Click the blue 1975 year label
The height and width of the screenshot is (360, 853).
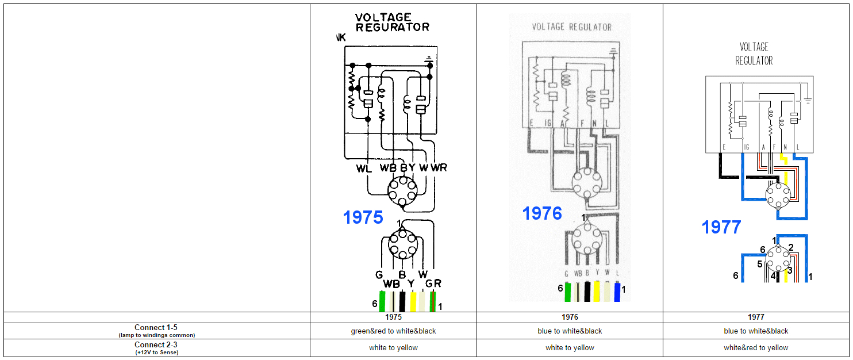363,217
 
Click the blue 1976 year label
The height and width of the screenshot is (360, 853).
541,213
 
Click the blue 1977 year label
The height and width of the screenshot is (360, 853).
721,227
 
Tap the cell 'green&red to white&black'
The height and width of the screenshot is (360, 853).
393,331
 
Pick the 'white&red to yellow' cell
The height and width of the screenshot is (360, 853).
756,348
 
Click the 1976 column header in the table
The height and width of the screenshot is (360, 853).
570,317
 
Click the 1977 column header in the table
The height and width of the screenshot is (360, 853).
756,317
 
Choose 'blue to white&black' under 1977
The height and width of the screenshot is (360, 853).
756,331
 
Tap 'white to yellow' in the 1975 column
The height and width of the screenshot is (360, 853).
393,348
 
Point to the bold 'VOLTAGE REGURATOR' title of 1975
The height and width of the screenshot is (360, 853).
392,22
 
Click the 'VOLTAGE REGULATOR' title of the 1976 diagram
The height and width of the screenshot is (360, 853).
571,27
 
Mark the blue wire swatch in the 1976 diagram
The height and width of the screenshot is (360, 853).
618,292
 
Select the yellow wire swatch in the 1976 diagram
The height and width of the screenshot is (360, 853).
597,292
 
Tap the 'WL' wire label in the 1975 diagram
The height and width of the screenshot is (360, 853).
363,168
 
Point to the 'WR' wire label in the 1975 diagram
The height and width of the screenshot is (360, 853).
439,168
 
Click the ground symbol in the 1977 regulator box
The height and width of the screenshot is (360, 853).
808,101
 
